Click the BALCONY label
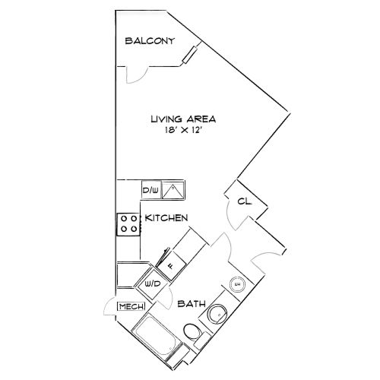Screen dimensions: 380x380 tap(150, 41)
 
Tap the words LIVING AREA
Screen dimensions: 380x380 tap(183, 119)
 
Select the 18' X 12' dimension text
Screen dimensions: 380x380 tap(183, 130)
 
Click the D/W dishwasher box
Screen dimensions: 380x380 tap(151, 190)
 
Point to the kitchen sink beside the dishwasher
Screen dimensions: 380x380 tap(173, 190)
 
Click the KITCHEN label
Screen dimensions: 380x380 tap(166, 218)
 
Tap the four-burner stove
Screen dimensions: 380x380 tap(128, 224)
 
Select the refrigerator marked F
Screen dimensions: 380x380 tap(171, 266)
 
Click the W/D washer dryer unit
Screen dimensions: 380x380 tap(152, 284)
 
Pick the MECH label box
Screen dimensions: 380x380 tap(131, 306)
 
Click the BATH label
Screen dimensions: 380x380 tap(192, 303)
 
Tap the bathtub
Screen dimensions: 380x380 tap(157, 334)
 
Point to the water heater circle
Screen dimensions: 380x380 tap(237, 284)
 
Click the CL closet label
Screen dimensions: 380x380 tap(245, 201)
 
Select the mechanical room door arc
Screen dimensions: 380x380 tap(109, 307)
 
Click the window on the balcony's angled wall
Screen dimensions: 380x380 tap(190, 55)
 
